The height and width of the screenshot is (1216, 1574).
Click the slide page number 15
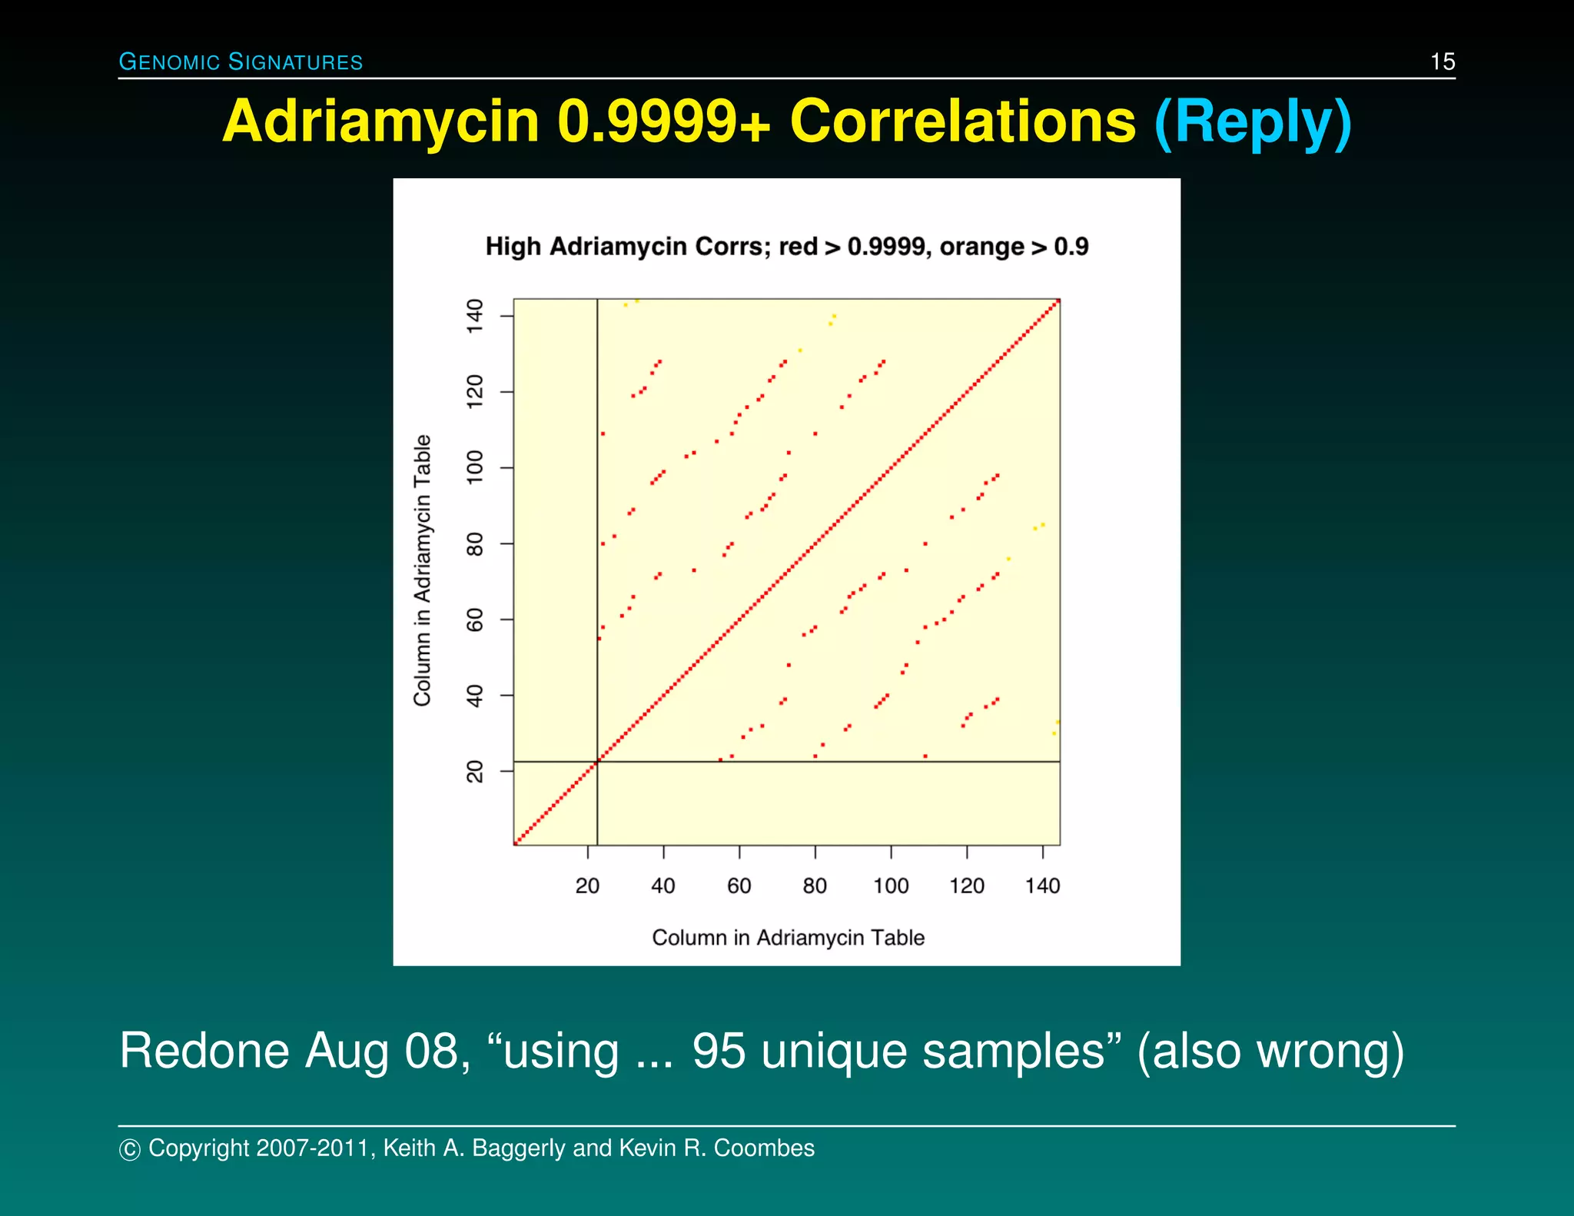(1442, 61)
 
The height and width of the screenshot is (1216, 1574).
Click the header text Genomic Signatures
(241, 61)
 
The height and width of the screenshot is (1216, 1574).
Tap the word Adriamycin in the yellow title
(381, 122)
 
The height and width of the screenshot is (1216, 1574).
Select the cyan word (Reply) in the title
(1253, 122)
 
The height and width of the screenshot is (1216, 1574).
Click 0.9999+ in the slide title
(663, 122)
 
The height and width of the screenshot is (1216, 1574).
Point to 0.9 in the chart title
(1071, 247)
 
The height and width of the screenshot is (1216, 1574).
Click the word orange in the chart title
(981, 247)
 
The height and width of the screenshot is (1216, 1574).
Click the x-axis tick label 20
(587, 885)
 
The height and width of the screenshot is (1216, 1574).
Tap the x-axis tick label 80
(815, 885)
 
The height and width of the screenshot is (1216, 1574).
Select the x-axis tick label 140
(1042, 885)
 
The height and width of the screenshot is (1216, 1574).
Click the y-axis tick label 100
(475, 467)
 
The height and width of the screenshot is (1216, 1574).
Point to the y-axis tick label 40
(475, 696)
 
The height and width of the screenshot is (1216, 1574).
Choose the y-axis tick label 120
(475, 391)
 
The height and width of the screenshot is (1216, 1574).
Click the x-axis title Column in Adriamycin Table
(788, 938)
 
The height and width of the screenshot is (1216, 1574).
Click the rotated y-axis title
(422, 570)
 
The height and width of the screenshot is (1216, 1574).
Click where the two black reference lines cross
(597, 762)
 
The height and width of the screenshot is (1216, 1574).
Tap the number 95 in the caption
(718, 1051)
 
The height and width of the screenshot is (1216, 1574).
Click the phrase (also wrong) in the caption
(1270, 1051)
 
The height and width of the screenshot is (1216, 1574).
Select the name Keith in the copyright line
(410, 1148)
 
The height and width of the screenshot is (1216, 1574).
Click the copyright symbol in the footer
(130, 1149)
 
